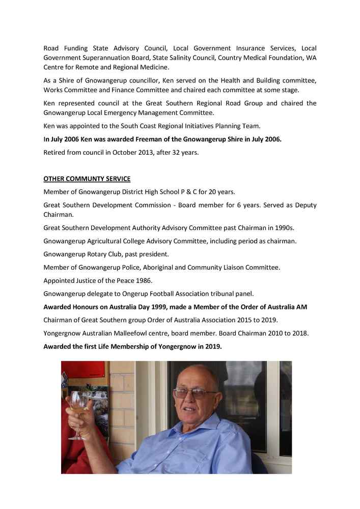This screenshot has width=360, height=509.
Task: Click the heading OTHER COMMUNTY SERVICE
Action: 87,179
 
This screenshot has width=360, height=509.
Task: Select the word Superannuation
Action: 110,58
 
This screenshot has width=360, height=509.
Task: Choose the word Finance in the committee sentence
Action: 128,90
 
